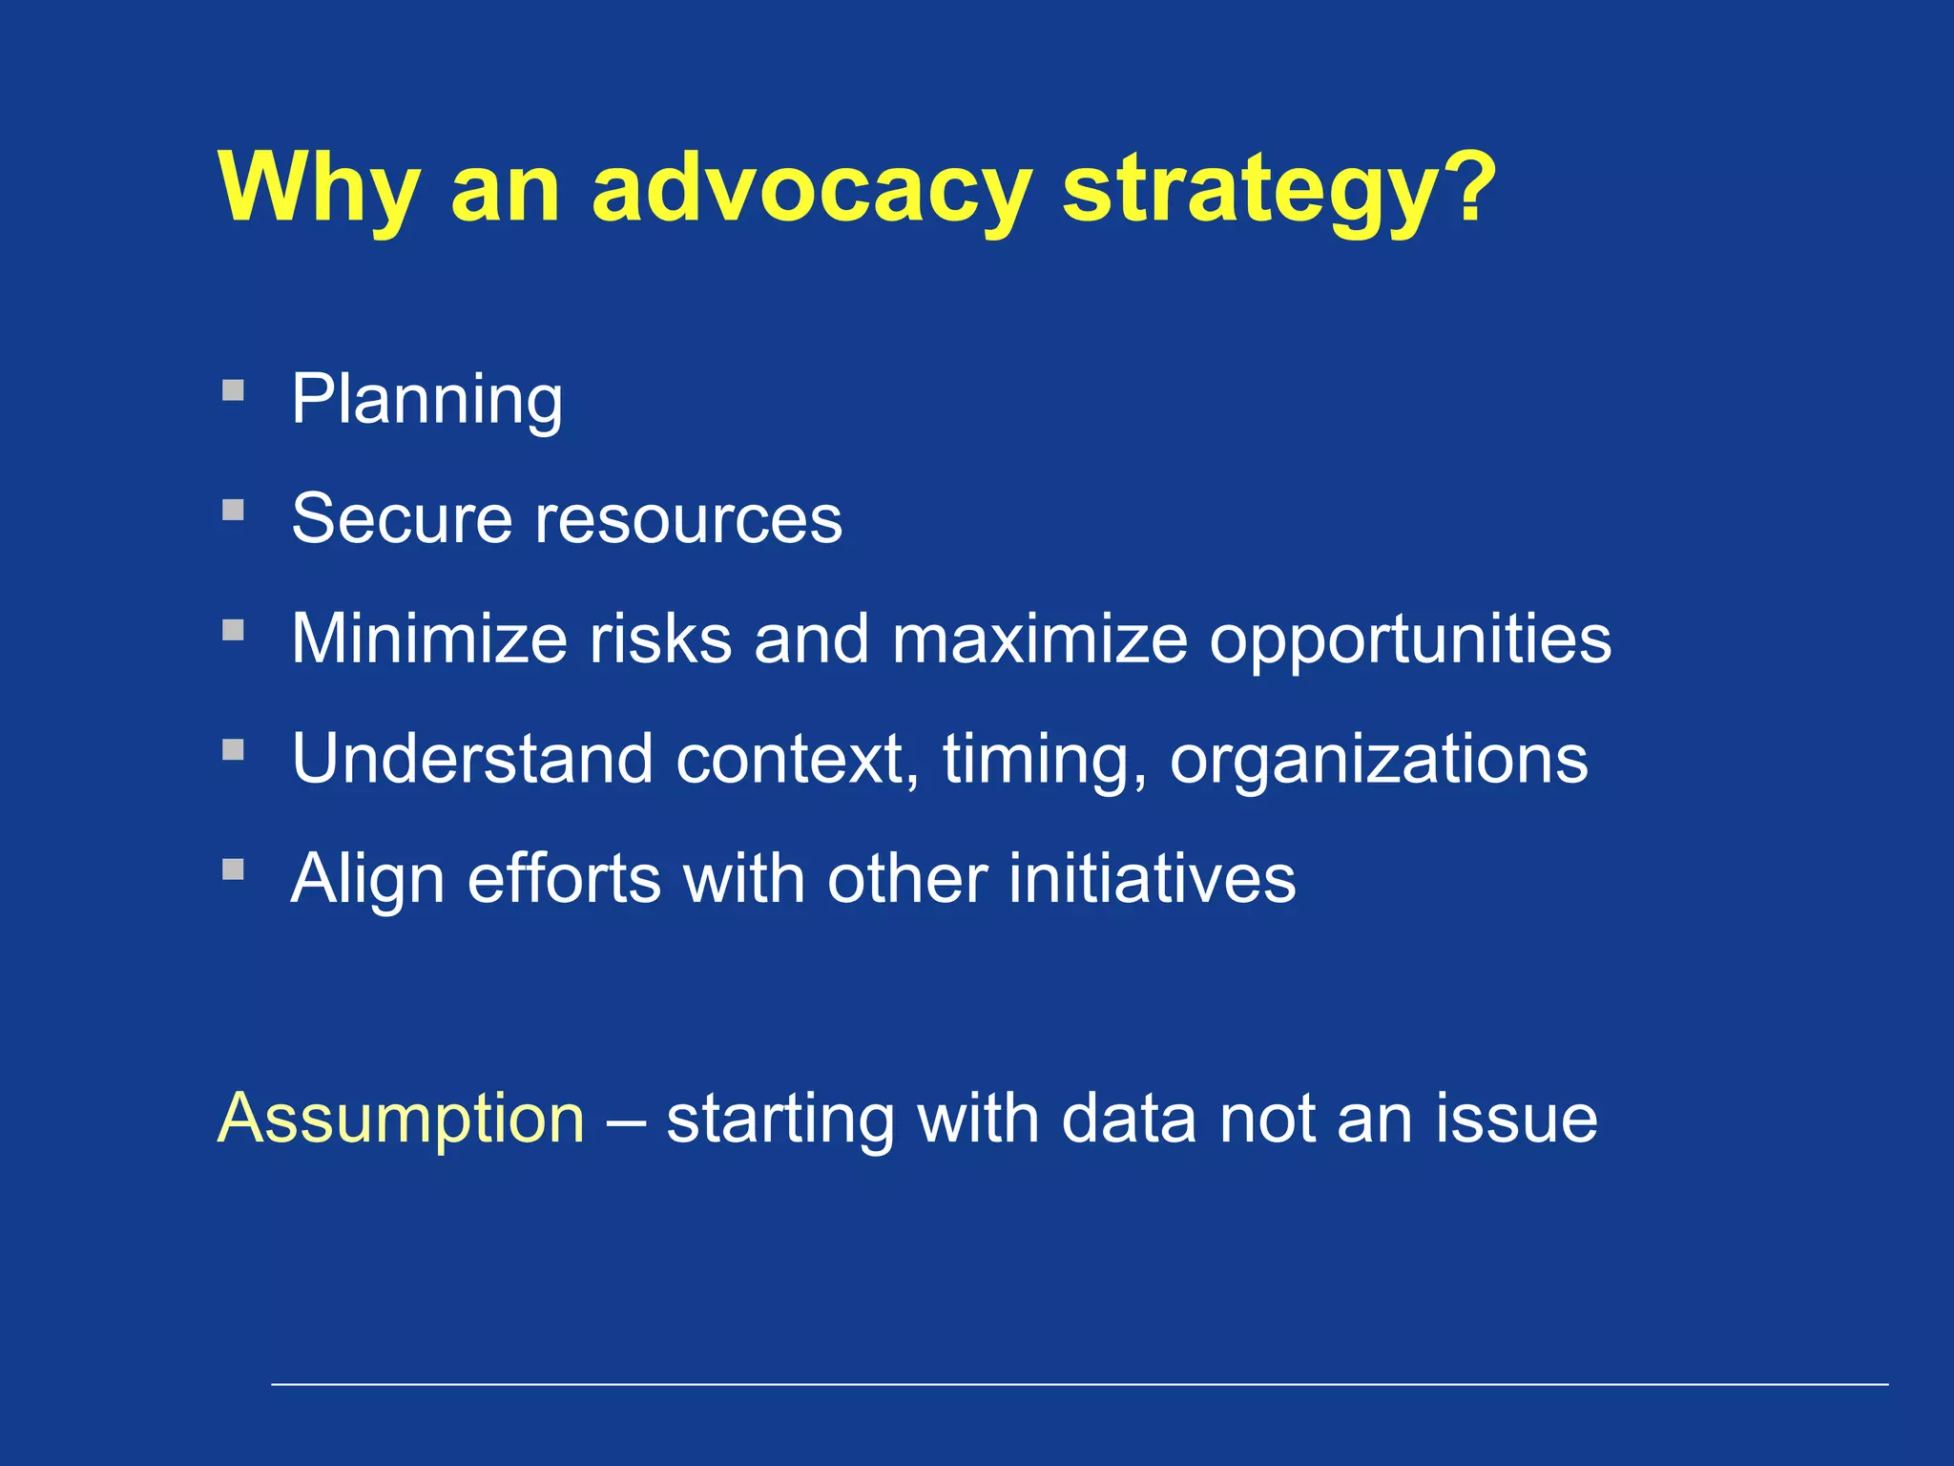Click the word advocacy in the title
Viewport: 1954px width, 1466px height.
pos(811,188)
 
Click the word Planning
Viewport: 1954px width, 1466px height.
pos(426,400)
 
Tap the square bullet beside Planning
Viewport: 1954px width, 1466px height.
pos(233,390)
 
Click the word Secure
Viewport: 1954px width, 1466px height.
pos(402,519)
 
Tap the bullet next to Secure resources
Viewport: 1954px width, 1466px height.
pos(233,510)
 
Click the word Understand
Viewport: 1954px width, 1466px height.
pos(472,759)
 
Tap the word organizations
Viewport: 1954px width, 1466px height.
pos(1379,761)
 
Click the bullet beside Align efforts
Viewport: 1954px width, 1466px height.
pos(233,869)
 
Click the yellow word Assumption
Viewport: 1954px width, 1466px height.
pos(401,1119)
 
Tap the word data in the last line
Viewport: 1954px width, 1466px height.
pos(1128,1119)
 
